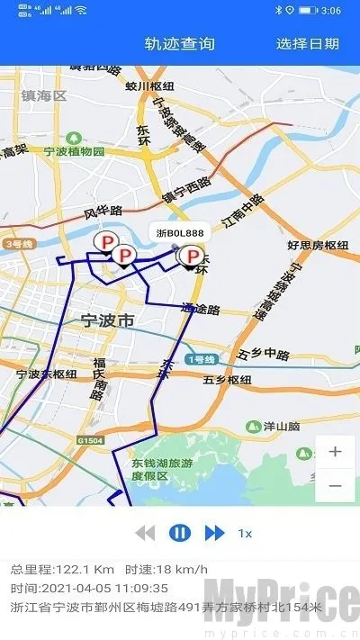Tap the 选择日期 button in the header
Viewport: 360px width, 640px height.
pos(308,43)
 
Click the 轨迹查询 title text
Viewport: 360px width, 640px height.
pos(180,43)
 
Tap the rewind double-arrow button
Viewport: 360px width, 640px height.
pos(145,533)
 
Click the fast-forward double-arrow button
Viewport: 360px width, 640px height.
pos(214,533)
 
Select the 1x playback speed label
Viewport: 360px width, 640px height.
pos(245,533)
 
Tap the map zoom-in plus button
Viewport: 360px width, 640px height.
pos(336,452)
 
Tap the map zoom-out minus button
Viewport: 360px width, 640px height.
pos(336,485)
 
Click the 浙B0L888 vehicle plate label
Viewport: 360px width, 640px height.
pos(179,234)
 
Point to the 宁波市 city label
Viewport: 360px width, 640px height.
pos(107,320)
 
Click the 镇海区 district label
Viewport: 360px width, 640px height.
pos(45,95)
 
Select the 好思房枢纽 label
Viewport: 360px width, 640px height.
pos(317,244)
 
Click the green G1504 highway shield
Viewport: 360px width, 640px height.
pos(89,441)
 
